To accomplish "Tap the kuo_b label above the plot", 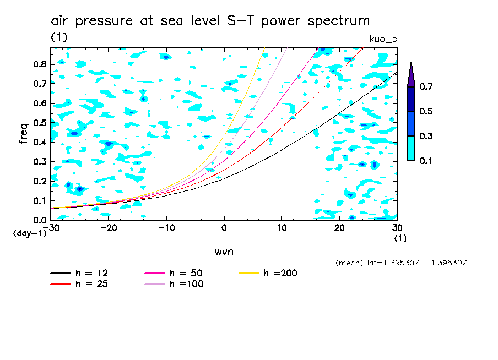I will click(x=383, y=39).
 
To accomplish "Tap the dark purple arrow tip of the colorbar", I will click(x=411, y=74).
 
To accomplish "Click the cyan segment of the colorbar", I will click(x=411, y=148).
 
